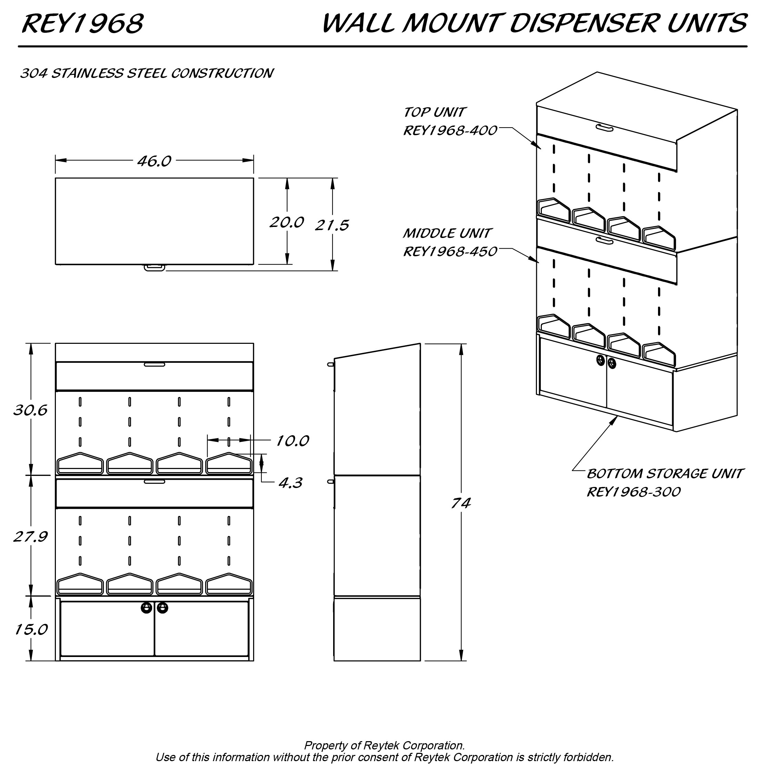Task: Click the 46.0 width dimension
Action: click(x=154, y=161)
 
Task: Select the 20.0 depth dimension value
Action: click(x=287, y=222)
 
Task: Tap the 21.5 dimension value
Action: click(x=332, y=226)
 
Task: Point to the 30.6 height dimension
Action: click(x=30, y=410)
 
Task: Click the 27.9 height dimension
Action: click(x=30, y=537)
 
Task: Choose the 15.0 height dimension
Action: click(x=31, y=629)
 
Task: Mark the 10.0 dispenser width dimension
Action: click(x=292, y=441)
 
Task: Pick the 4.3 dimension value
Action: click(x=290, y=483)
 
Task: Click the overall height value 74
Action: click(x=460, y=504)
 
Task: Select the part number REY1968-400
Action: click(x=450, y=131)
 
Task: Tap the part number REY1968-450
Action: click(x=450, y=252)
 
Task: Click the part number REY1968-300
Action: click(x=634, y=492)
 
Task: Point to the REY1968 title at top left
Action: click(x=82, y=23)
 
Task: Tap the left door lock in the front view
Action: click(x=147, y=608)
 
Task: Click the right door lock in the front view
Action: click(x=162, y=608)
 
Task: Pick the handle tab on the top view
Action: click(x=155, y=268)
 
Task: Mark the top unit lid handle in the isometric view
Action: click(x=605, y=128)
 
